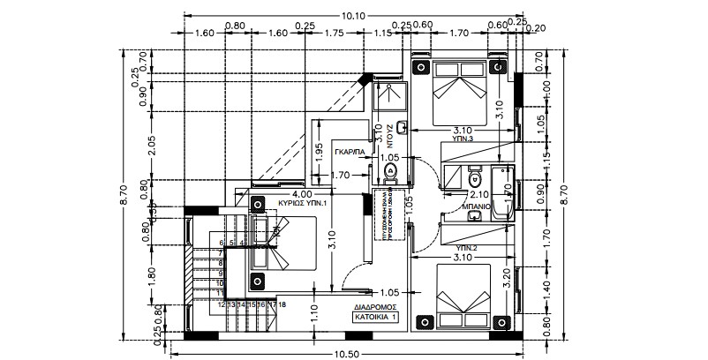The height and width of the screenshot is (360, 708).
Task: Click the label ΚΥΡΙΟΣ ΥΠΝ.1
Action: (304, 203)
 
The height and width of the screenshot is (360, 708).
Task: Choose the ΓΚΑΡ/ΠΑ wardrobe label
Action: (350, 152)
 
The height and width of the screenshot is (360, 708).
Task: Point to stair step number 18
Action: (282, 304)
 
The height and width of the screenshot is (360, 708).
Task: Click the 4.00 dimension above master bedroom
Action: (302, 193)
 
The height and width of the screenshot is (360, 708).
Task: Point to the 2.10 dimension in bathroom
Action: (479, 194)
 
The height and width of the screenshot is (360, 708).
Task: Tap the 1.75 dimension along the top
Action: (334, 34)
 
